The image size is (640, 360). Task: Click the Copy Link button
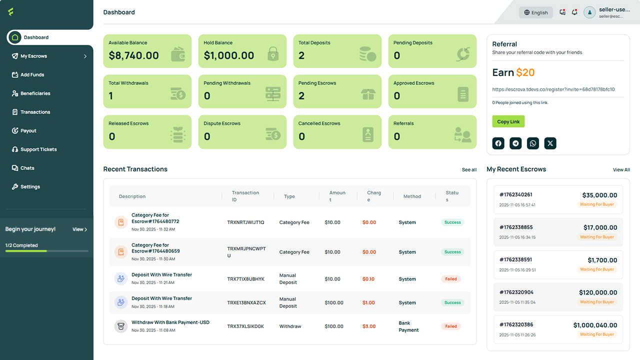[x=508, y=121]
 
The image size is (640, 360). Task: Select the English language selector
[x=535, y=12]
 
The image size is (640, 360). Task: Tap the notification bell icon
[x=574, y=12]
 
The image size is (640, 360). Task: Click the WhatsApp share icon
[x=533, y=143]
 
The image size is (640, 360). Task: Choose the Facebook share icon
[x=498, y=143]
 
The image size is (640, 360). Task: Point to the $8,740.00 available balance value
[x=133, y=55]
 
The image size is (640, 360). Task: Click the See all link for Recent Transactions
[x=469, y=169]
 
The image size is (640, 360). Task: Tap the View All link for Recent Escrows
[x=621, y=169]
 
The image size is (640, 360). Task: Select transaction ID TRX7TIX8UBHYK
[x=245, y=279]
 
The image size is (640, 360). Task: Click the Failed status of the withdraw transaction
[x=451, y=326]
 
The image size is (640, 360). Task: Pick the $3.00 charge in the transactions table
[x=369, y=326]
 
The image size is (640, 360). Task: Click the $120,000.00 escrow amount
[x=598, y=292]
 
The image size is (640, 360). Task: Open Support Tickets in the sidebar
[x=34, y=149]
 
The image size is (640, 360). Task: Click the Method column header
[x=412, y=196]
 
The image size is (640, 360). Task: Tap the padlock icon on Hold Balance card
[x=273, y=53]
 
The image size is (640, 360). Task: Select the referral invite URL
[x=553, y=89]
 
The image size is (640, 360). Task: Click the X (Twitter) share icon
[x=550, y=143]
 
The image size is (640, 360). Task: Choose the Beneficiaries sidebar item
[x=31, y=93]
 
